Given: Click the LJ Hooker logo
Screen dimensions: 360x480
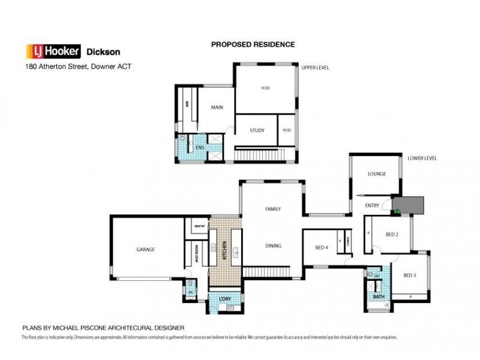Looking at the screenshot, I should pos(53,52).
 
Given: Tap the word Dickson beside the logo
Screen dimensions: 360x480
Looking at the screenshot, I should pos(103,52).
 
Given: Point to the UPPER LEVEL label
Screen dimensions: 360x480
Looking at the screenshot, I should pos(316,67).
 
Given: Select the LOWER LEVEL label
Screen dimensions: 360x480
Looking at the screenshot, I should pos(422,158).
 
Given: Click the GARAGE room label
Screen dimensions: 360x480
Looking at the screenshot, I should pos(146,249).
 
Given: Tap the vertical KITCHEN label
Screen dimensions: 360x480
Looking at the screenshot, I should pos(224,249).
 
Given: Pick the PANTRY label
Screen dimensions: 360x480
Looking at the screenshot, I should pos(199,226).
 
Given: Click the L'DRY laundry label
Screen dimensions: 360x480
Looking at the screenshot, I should pos(224,298).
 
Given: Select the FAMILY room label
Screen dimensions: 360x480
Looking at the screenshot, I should pos(274,209).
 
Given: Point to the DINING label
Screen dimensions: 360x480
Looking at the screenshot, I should pos(274,246).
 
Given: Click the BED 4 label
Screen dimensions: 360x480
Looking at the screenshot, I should pos(322,248).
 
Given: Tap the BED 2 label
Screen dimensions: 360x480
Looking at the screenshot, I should pos(392,235).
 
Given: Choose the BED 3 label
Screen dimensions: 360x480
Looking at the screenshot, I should pos(409,275).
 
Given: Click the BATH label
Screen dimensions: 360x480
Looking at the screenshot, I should pos(379,296).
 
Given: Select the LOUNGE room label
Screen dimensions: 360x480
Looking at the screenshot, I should pos(376,174).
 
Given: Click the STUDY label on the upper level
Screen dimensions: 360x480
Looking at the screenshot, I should pos(257,130).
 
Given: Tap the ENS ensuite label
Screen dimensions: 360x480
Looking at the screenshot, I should pos(200,147).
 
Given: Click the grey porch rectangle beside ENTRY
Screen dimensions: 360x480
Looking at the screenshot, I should pos(410,205).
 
